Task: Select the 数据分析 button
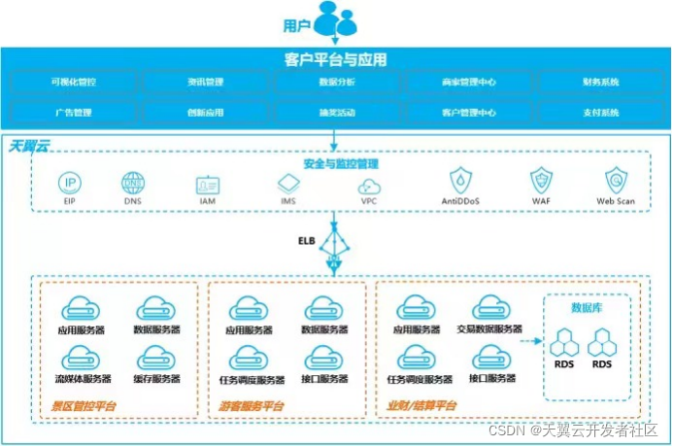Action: [x=337, y=83]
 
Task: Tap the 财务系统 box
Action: [x=600, y=83]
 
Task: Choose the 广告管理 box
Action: [x=74, y=113]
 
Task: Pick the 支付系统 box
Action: [x=600, y=113]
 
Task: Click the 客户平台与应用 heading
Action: [x=336, y=59]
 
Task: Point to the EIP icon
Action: [x=70, y=183]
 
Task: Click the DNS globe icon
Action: [x=132, y=183]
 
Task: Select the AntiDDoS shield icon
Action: [x=461, y=182]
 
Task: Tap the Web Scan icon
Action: [x=616, y=182]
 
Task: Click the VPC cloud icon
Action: [x=369, y=185]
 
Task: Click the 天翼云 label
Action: [x=29, y=146]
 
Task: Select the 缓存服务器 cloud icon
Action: [x=155, y=357]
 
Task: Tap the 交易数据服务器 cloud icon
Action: [x=489, y=309]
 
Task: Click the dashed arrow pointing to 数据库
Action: [x=530, y=342]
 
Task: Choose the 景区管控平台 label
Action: [x=83, y=404]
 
